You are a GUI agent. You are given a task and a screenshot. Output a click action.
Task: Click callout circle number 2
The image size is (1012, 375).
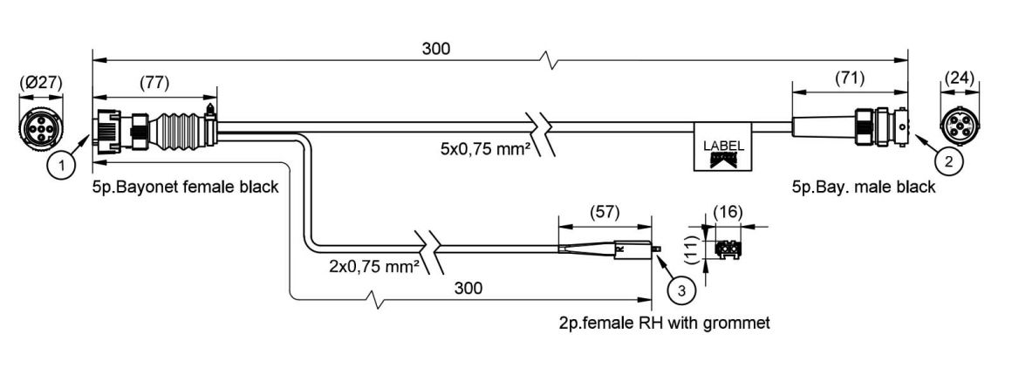[947, 160]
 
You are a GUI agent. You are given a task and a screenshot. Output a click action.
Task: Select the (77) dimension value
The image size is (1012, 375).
[154, 83]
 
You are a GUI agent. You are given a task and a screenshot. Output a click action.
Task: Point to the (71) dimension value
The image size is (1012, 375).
[849, 78]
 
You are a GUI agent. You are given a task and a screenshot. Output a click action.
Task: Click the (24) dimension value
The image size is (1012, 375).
[961, 78]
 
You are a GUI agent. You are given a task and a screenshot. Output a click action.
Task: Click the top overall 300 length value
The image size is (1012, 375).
[438, 49]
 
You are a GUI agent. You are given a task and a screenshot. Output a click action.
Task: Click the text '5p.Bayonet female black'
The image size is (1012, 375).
[185, 187]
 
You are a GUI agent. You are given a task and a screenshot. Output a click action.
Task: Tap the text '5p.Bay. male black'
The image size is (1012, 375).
[864, 187]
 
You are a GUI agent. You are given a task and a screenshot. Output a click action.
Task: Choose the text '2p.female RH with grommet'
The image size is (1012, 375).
[664, 323]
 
